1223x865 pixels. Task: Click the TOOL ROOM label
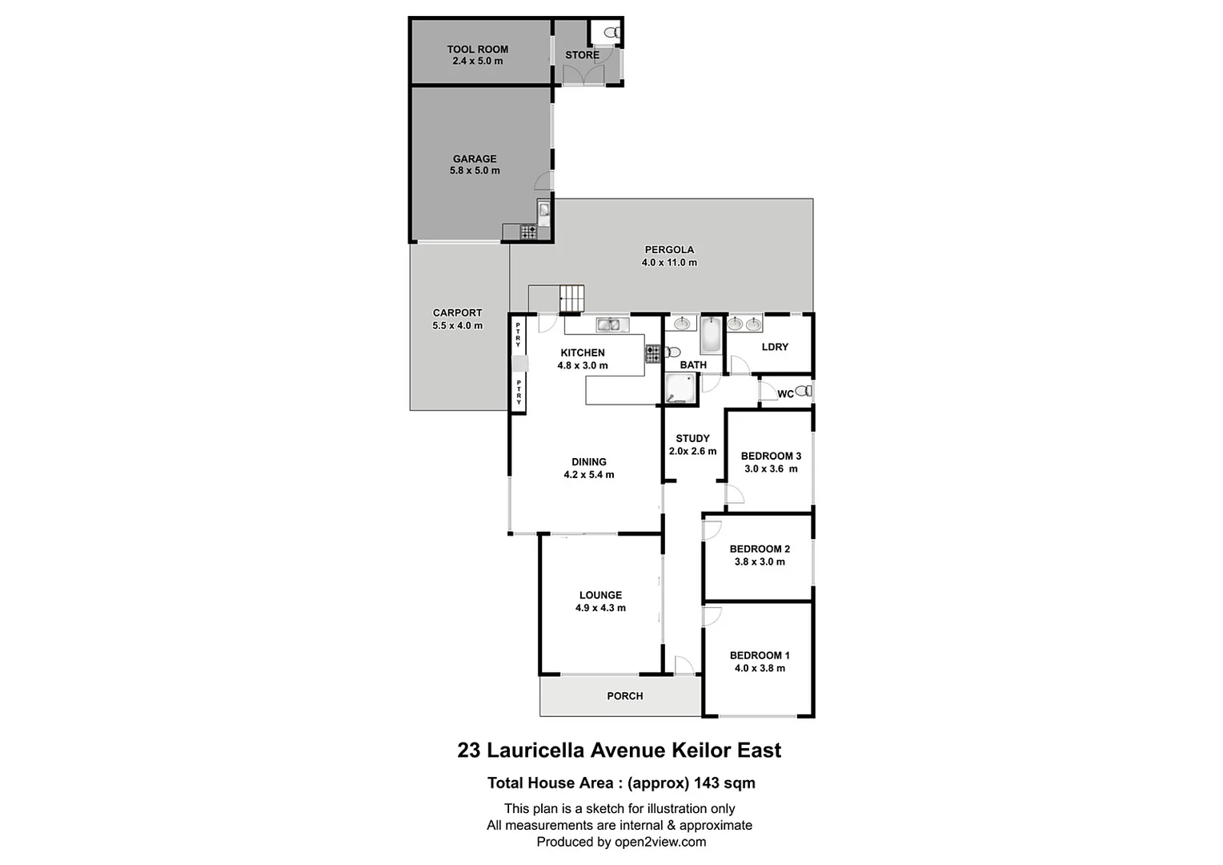(477, 49)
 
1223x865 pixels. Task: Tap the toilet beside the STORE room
(611, 34)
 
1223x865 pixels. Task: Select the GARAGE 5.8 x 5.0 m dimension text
(475, 171)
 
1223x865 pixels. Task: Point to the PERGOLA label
(669, 249)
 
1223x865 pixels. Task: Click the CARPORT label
(457, 313)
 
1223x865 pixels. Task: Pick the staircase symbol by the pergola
(571, 298)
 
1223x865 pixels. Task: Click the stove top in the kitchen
(652, 354)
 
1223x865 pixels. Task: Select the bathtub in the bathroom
(711, 336)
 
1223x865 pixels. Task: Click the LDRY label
(775, 347)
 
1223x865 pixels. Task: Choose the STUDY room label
(692, 438)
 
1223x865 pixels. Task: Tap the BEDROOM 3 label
(771, 456)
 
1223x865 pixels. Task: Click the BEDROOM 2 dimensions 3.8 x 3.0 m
(760, 561)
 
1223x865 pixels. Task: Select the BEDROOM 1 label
(760, 655)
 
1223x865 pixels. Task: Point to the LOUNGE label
(600, 595)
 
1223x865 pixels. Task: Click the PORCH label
(624, 696)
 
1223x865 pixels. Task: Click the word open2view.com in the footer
(660, 842)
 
